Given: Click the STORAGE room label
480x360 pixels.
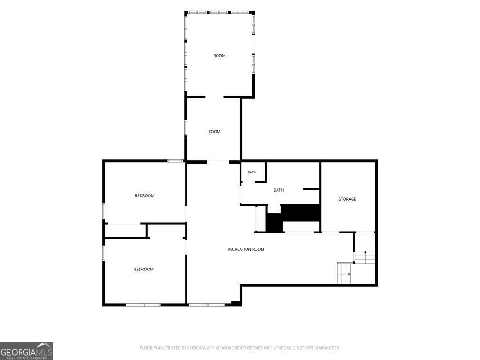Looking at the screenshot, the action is (347, 199).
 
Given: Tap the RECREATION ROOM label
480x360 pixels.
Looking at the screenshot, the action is (246, 249).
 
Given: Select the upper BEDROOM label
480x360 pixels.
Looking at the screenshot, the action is (144, 196).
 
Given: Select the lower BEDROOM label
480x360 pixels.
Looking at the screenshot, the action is (143, 270).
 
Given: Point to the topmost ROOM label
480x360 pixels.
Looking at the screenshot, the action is (219, 56).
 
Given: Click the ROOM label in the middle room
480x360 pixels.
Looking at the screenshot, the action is (214, 132).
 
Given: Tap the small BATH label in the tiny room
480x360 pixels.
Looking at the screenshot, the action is (252, 172).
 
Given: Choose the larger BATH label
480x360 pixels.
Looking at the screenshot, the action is (278, 190).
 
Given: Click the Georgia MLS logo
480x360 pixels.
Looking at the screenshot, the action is (27, 351).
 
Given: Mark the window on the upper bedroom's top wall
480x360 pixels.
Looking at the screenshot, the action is (175, 161).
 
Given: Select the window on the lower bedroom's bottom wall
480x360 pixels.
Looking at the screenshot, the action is (143, 305).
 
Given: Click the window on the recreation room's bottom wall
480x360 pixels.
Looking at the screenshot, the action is (207, 305).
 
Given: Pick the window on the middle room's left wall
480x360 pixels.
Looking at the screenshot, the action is (186, 127).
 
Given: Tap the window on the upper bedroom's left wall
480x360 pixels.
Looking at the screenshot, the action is (104, 211).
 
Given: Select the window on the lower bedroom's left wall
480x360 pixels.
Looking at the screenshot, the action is (104, 253).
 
